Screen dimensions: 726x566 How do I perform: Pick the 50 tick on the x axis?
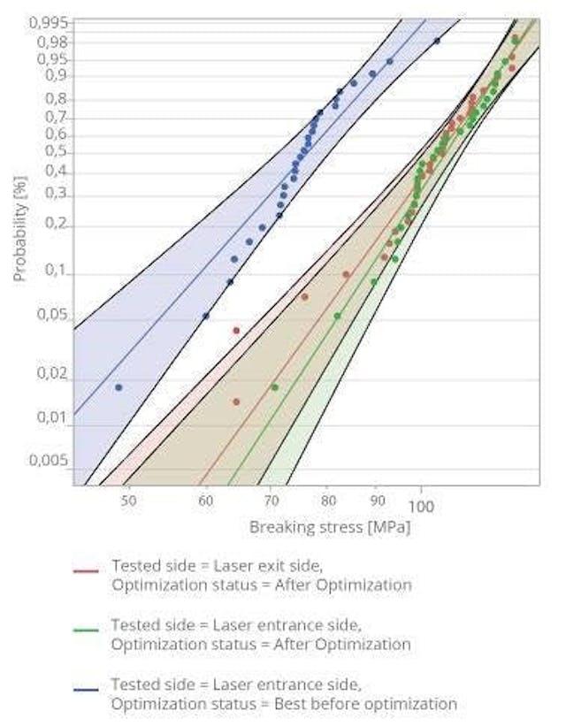129,501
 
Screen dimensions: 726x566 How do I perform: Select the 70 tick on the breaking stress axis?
269,501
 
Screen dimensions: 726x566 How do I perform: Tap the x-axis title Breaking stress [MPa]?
330,527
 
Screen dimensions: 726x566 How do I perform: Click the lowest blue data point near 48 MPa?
119,387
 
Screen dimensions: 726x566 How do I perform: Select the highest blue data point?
437,41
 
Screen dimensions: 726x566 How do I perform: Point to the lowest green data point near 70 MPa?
274,387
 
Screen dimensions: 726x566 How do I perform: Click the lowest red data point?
236,401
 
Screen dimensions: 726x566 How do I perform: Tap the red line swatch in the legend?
85,572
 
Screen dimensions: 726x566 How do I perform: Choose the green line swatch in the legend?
85,630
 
